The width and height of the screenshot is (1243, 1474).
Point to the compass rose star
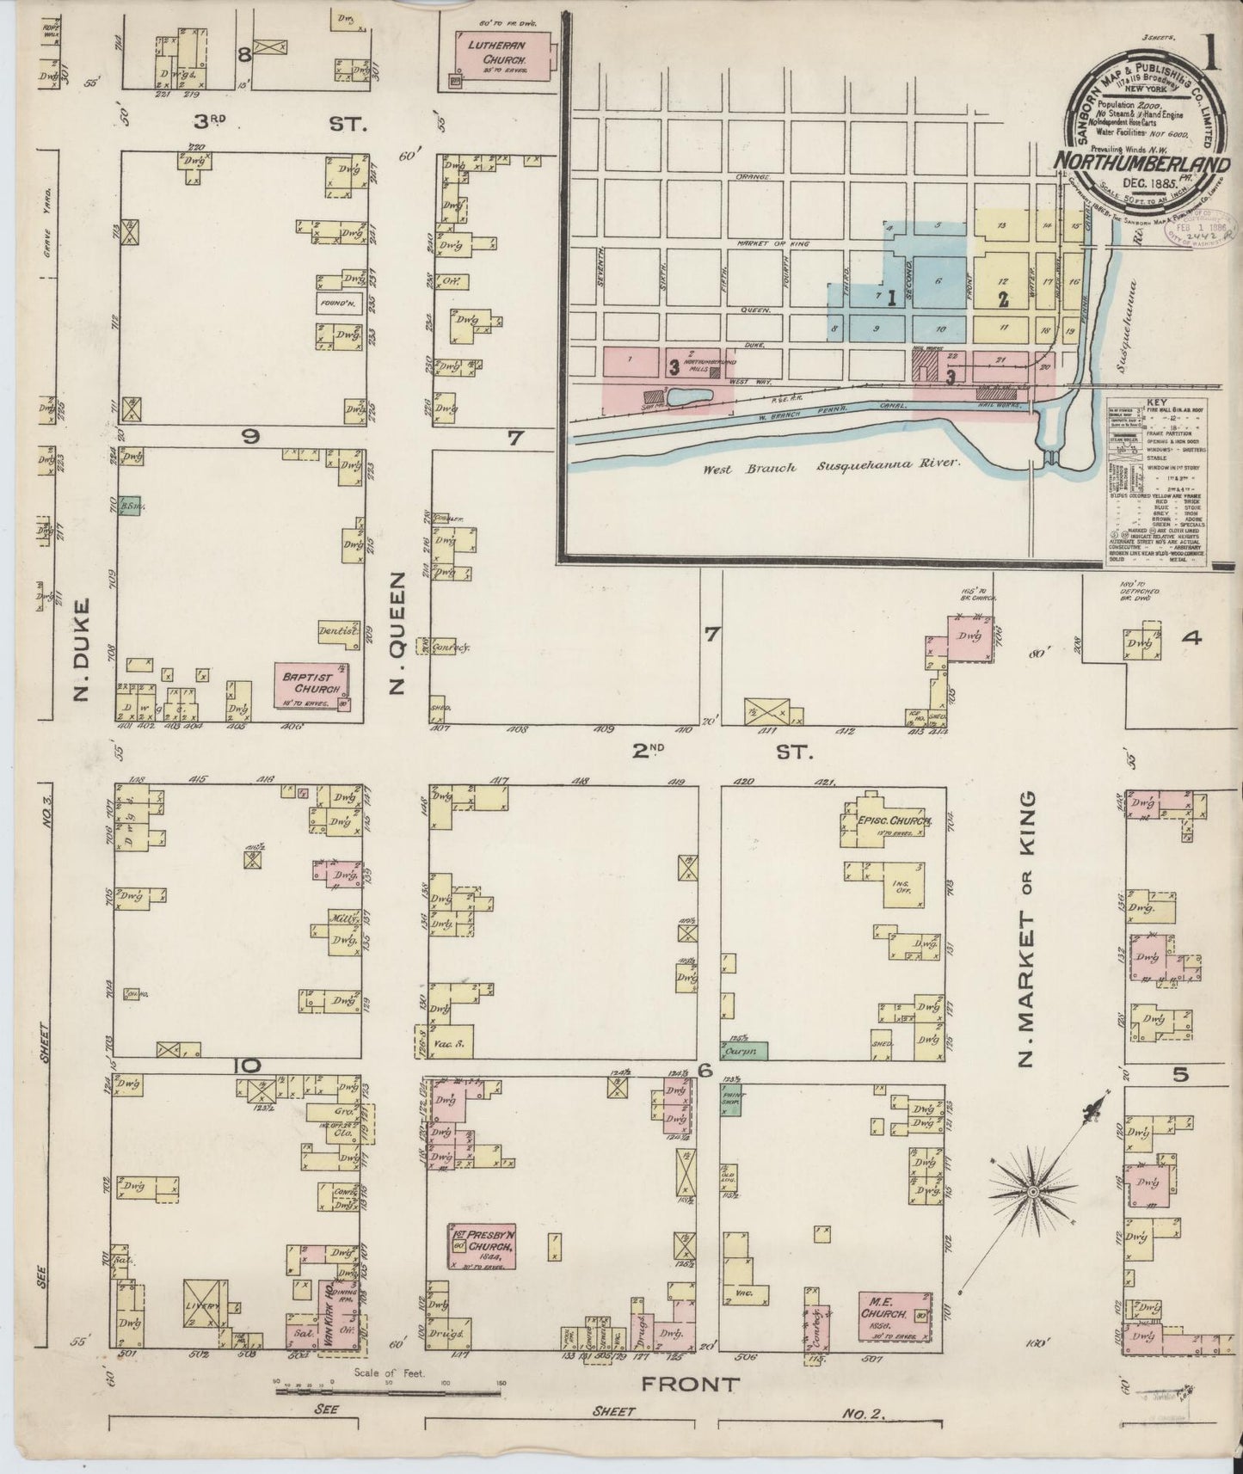tap(1031, 1192)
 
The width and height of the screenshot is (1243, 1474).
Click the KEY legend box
tap(1155, 482)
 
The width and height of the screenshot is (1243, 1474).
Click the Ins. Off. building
tap(903, 884)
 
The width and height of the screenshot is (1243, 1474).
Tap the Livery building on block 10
tap(205, 1305)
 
